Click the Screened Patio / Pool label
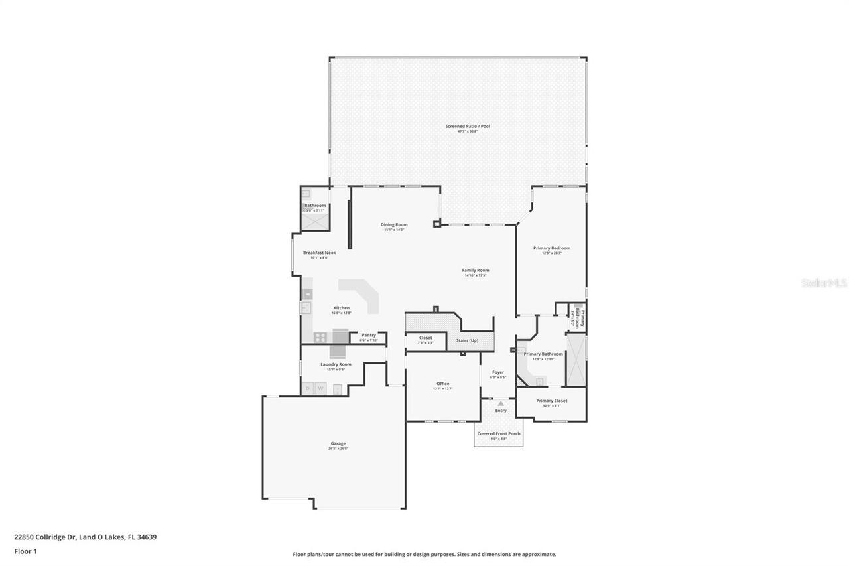468,126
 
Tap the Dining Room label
394,224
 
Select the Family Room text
476,270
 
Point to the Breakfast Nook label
320,253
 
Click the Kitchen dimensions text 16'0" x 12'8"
341,313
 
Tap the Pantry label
369,335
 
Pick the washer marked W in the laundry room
320,388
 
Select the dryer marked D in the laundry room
307,388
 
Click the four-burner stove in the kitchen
320,337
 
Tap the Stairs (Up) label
467,340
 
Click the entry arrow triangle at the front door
501,403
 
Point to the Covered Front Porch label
499,433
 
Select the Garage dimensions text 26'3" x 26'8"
338,449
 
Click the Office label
443,384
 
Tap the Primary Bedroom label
552,248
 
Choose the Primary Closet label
552,401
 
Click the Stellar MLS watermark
824,283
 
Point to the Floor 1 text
25,551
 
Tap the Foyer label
498,372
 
